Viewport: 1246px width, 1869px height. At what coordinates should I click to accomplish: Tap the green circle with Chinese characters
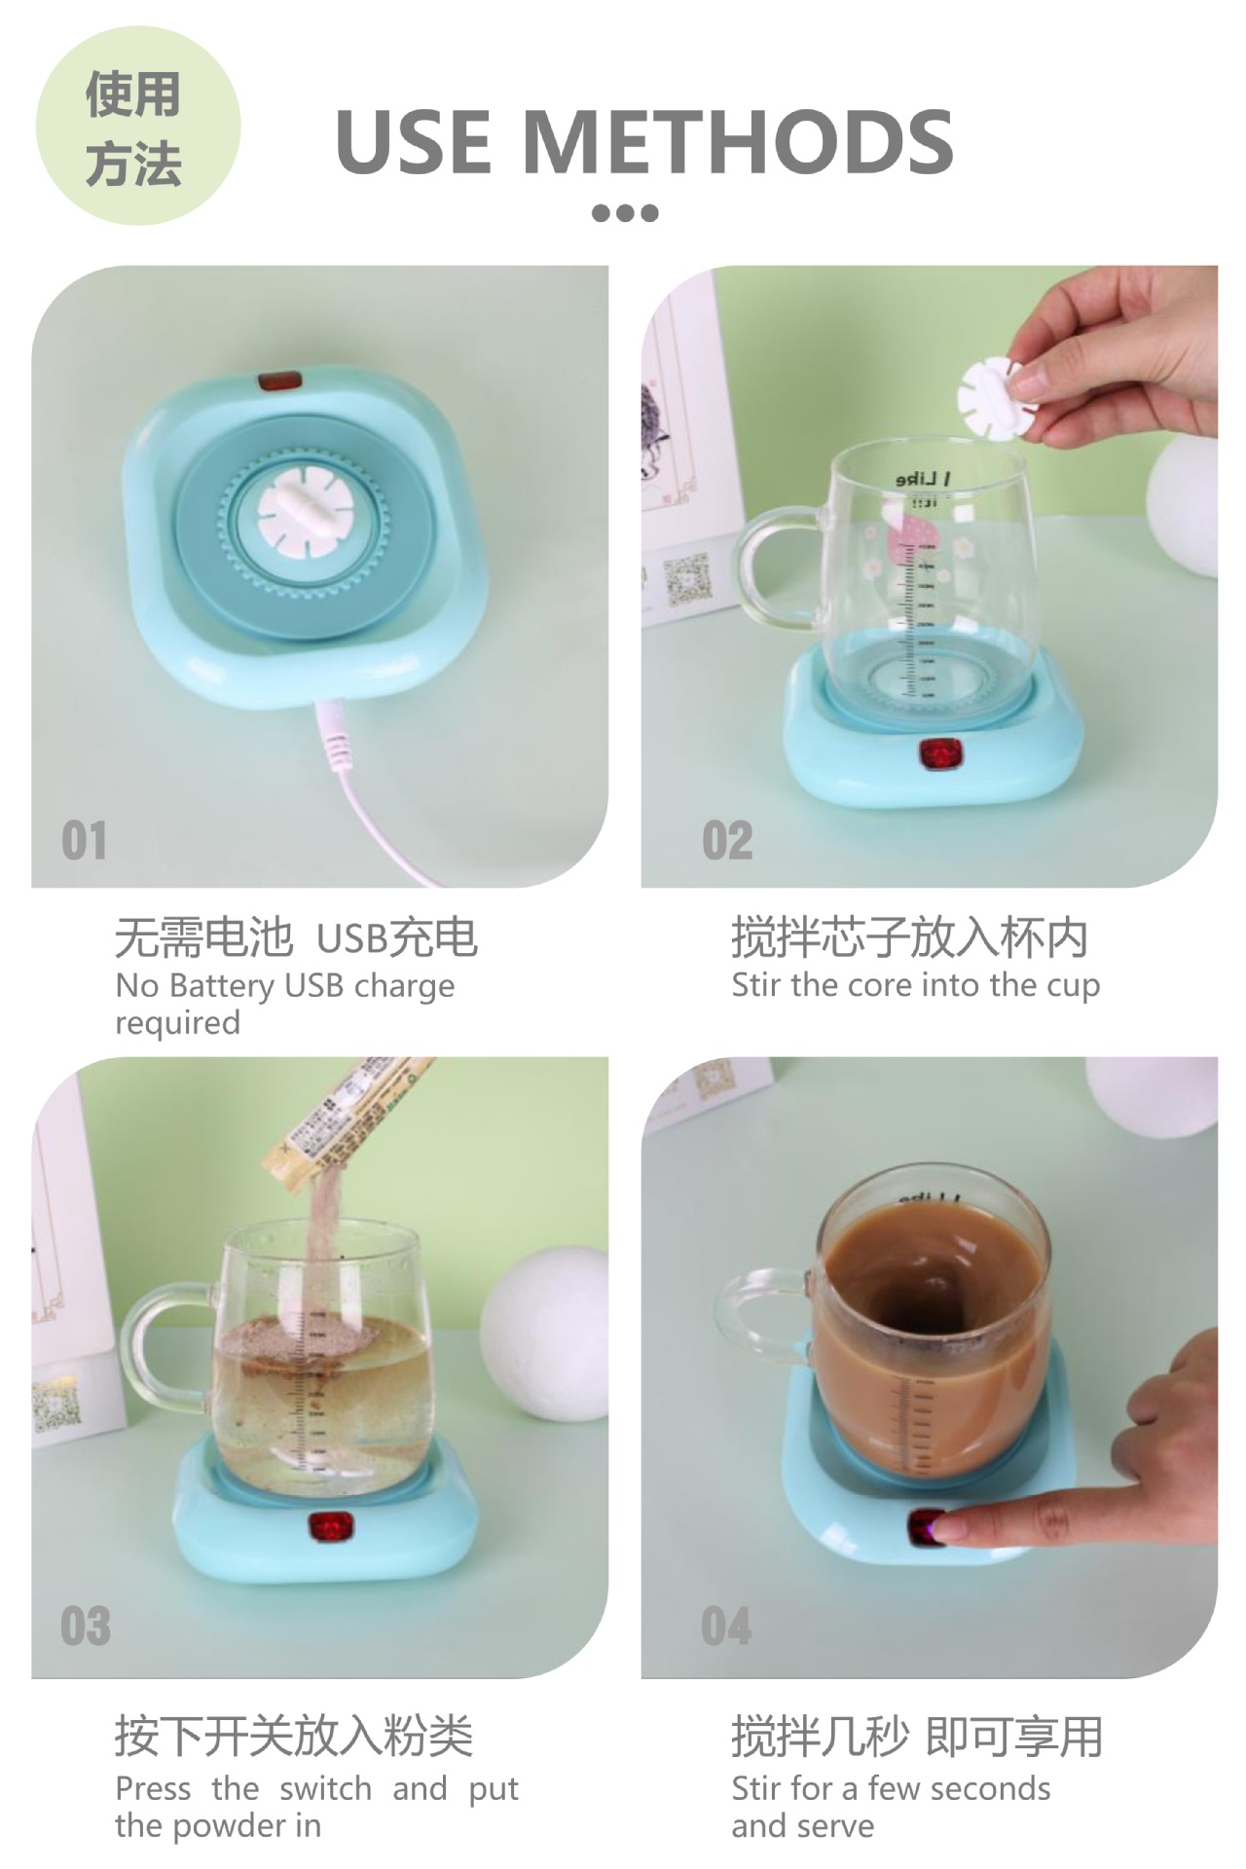(x=137, y=127)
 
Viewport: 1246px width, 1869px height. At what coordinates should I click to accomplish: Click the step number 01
(x=84, y=840)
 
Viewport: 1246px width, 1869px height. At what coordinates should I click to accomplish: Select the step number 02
(x=727, y=840)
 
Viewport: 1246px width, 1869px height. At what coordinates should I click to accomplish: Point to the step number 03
(x=85, y=1626)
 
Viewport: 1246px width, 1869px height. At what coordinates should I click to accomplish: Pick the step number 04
(x=726, y=1626)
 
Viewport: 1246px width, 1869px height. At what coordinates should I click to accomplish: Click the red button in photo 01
(x=280, y=381)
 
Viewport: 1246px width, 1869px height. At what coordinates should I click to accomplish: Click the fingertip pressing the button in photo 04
(x=959, y=1528)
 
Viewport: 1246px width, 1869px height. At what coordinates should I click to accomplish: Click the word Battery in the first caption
(x=220, y=986)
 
